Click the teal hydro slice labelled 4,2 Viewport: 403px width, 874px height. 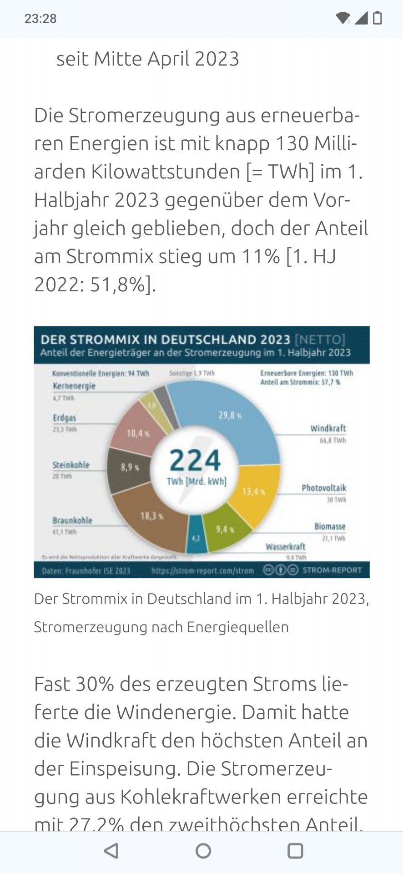click(x=196, y=538)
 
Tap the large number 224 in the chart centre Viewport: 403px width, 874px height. click(x=195, y=460)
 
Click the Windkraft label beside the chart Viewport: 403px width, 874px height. click(x=328, y=428)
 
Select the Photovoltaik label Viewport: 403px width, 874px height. click(x=324, y=488)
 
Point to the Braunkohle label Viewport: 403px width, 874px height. click(x=72, y=520)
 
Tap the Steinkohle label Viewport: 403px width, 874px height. click(x=71, y=465)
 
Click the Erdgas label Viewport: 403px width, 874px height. click(x=65, y=418)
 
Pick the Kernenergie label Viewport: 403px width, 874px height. click(x=74, y=386)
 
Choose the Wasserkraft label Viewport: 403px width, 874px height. click(x=286, y=546)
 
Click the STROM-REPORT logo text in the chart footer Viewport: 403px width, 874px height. click(x=332, y=570)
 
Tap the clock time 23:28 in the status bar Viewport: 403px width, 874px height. click(x=40, y=19)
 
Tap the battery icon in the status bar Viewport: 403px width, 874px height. click(x=377, y=18)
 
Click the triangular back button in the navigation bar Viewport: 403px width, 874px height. click(x=111, y=851)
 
